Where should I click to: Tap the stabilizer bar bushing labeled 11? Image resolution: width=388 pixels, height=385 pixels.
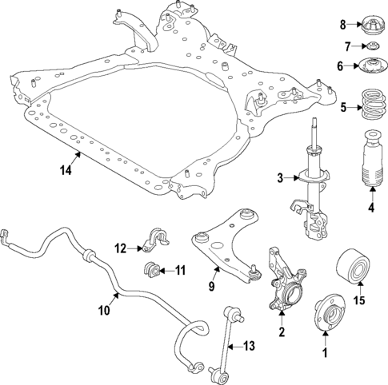coord(150,269)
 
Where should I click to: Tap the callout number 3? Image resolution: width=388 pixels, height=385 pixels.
coord(280,177)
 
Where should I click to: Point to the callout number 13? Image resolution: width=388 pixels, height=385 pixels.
coord(250,346)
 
